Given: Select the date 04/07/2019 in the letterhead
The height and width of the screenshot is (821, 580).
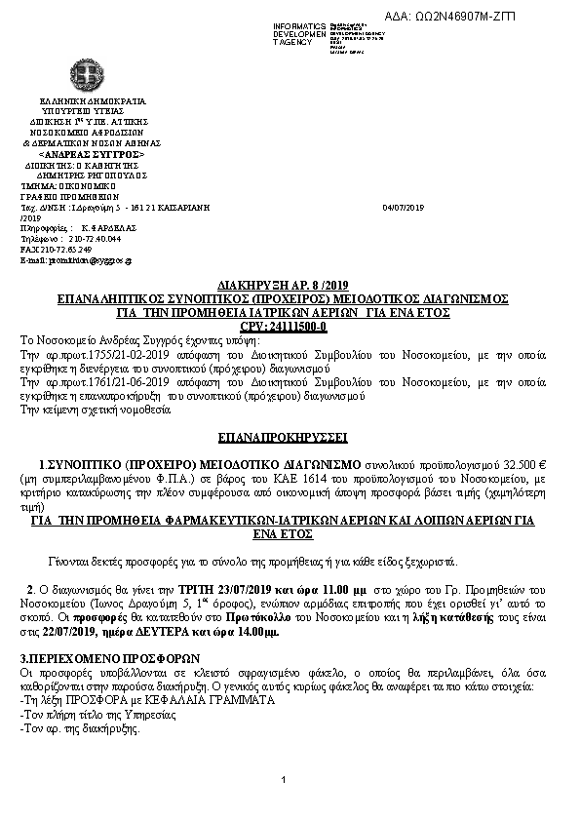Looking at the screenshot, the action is tap(404, 207).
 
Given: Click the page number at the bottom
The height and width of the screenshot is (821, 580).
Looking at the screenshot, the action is tap(281, 779).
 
